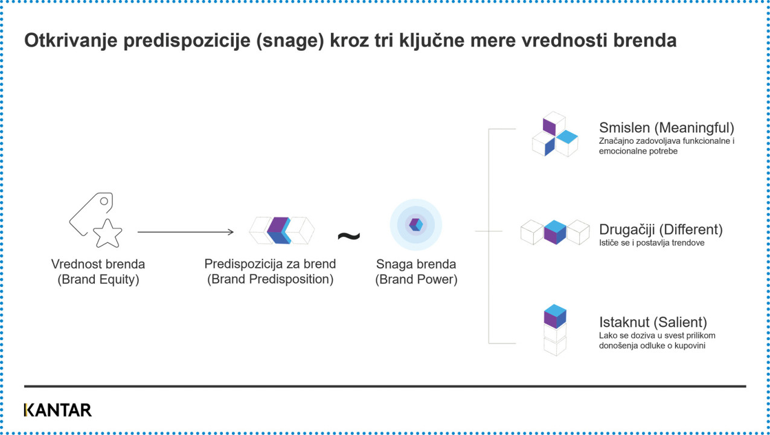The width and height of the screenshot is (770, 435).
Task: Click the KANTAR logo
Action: [x=58, y=410]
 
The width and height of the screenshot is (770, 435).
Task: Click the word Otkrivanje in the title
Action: [x=71, y=40]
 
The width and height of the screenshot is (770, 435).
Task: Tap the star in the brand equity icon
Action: [x=107, y=233]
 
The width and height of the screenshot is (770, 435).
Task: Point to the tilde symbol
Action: [x=349, y=236]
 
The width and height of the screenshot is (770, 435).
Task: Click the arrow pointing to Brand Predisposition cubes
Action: [x=185, y=232]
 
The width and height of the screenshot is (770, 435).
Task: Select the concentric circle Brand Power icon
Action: [x=415, y=225]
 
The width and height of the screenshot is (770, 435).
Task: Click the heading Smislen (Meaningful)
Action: [x=667, y=127]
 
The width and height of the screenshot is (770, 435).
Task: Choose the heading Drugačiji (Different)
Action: [x=661, y=230]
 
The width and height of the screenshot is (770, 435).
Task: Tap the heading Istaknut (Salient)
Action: [x=653, y=322]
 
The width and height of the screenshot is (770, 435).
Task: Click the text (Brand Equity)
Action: [x=98, y=279]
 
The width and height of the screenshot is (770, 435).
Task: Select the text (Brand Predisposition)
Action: [x=270, y=279]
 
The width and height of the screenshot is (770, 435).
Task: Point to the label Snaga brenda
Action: [x=416, y=264]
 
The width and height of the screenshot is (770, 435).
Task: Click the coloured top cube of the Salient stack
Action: [x=555, y=316]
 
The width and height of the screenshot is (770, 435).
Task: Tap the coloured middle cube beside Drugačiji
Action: [x=555, y=232]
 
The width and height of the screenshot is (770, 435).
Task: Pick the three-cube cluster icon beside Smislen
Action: [x=555, y=134]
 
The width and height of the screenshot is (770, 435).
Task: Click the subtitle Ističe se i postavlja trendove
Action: [x=652, y=243]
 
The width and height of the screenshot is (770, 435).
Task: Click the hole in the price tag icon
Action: [x=104, y=202]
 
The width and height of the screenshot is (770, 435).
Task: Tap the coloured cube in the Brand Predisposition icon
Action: [x=279, y=230]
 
